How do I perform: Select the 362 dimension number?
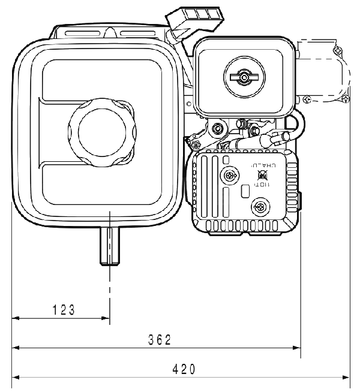pyautogui.click(x=160, y=340)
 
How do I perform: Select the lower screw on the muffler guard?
pyautogui.click(x=260, y=207)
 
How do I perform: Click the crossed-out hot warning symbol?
pyautogui.click(x=262, y=176)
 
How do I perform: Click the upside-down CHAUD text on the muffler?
pyautogui.click(x=265, y=164)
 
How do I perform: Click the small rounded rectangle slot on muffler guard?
pyautogui.click(x=245, y=191)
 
